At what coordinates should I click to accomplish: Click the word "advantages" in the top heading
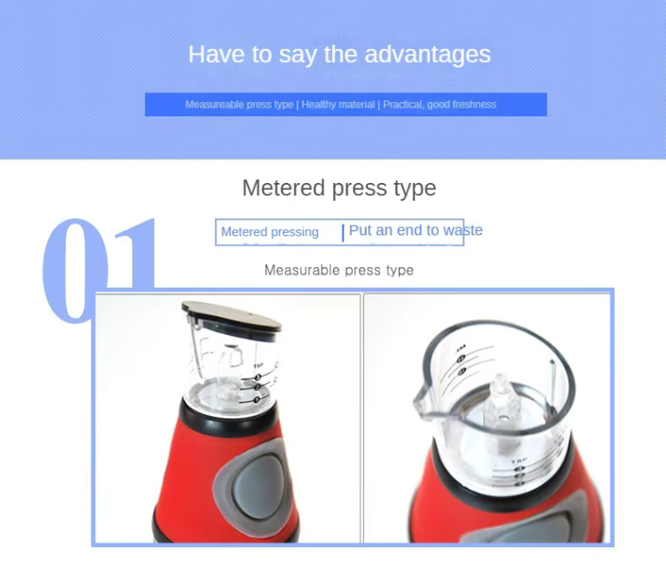(x=428, y=55)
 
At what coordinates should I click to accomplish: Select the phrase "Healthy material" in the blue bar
(x=338, y=105)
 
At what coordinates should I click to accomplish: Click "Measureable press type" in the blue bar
(x=239, y=105)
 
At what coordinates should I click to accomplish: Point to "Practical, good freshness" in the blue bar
(x=440, y=105)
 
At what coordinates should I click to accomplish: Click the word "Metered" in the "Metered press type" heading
(x=284, y=187)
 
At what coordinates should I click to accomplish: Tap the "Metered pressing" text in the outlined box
(x=270, y=232)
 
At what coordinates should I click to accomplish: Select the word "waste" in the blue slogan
(x=463, y=230)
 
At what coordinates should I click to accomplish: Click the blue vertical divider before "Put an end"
(x=343, y=233)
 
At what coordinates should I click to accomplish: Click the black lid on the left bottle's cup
(x=231, y=316)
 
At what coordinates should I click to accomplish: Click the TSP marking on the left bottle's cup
(x=258, y=366)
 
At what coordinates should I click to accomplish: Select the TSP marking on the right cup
(x=519, y=461)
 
